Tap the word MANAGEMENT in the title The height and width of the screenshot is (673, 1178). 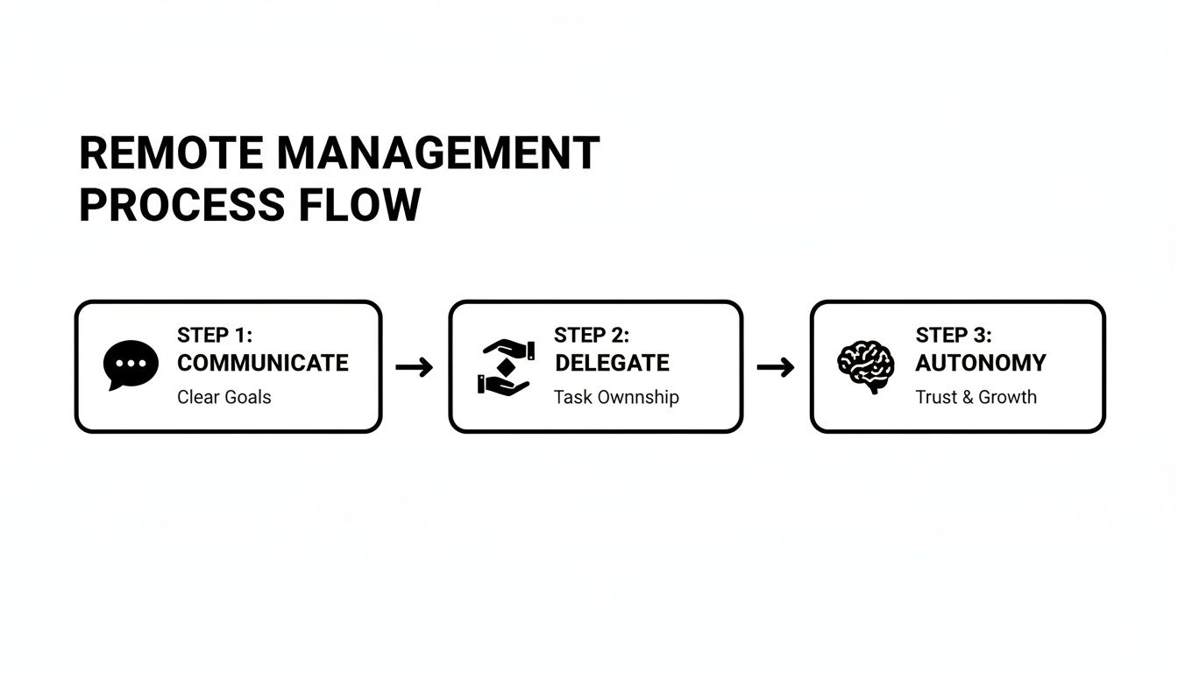point(438,154)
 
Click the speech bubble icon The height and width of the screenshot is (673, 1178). point(131,365)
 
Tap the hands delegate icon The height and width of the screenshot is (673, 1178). point(506,365)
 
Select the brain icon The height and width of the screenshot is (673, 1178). point(865,365)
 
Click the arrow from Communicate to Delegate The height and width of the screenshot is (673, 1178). point(415,367)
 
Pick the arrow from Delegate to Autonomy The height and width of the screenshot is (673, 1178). point(776,367)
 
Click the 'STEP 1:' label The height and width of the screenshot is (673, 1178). point(215,336)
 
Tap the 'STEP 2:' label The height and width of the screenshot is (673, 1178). point(592,336)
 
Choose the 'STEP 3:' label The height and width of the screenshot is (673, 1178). point(954,336)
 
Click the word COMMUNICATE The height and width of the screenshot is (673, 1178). point(263,363)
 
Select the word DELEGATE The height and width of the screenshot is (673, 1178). point(612,363)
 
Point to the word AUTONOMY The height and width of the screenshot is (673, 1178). point(981,363)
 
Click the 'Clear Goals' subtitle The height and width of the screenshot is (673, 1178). point(224,397)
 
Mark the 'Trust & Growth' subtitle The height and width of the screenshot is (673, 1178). point(976,397)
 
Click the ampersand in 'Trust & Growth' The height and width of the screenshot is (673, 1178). point(968,397)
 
